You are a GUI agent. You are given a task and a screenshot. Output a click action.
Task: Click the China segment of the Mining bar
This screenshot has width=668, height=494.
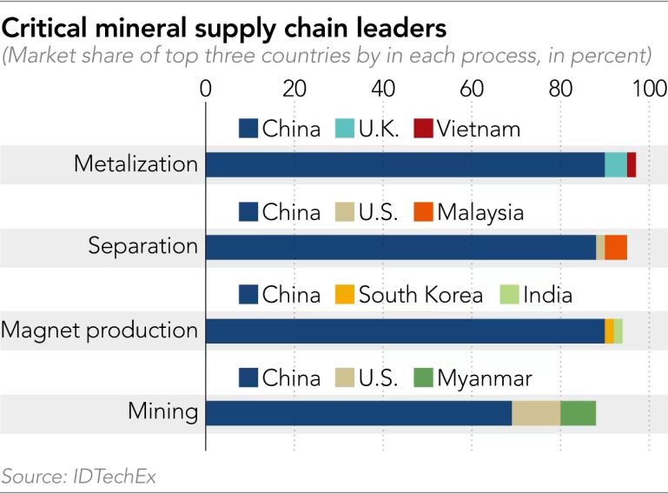358,413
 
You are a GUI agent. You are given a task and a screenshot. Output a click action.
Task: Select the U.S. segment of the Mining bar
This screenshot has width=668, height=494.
536,413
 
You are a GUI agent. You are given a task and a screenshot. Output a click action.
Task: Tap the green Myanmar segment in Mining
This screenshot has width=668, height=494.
578,413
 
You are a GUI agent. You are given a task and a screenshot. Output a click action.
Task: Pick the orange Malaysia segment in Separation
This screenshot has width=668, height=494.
616,247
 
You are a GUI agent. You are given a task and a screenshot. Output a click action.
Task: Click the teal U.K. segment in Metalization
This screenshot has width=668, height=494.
616,164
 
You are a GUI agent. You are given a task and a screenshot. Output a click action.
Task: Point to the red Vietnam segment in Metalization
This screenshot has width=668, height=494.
632,164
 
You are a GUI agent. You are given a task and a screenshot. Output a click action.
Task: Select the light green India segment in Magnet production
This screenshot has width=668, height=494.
618,330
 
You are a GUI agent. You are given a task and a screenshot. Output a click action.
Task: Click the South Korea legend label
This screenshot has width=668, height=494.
420,295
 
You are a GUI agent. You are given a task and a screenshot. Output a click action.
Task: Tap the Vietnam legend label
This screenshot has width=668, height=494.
479,129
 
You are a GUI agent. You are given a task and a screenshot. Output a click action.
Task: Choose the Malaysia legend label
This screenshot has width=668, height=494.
480,212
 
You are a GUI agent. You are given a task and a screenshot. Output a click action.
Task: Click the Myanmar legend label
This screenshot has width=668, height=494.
485,378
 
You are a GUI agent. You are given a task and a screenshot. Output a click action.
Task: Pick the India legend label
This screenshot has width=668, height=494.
547,295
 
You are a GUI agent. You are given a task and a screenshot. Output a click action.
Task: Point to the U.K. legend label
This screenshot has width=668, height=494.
380,129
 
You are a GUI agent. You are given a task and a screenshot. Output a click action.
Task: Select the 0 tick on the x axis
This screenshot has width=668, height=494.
206,88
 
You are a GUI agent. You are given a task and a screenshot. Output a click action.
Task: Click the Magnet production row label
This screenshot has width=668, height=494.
99,330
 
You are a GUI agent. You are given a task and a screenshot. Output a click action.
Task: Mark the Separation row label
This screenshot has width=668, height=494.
143,247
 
